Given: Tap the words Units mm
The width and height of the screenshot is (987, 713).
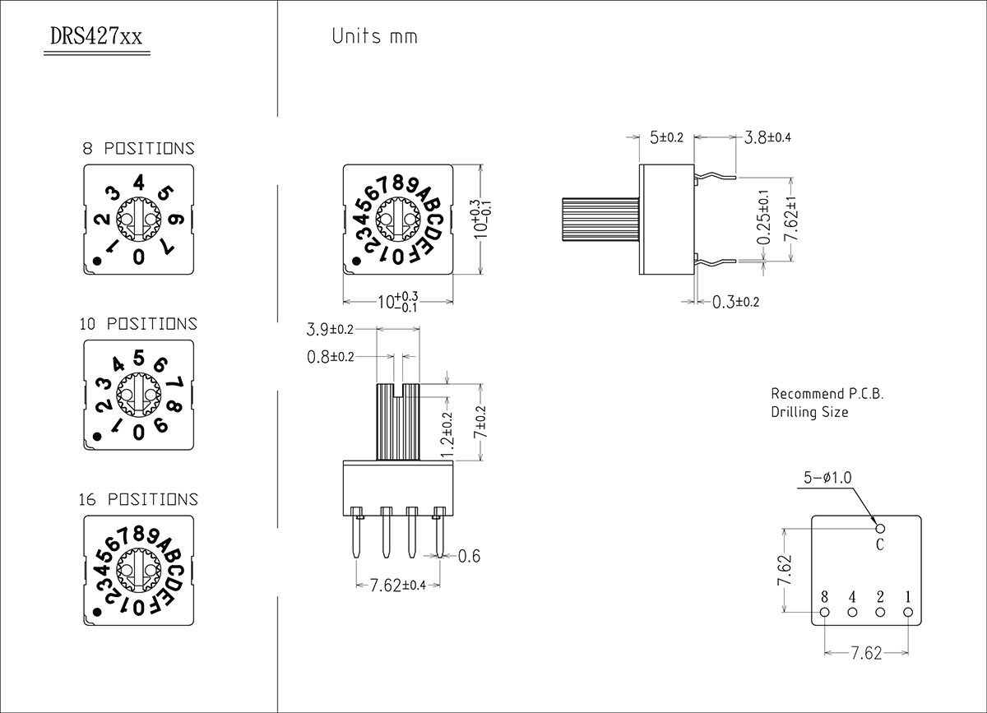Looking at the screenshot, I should tap(374, 36).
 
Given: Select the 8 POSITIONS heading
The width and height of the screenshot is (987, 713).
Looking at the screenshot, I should tap(138, 149).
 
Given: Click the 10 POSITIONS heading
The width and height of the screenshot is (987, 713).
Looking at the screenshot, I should tap(138, 324).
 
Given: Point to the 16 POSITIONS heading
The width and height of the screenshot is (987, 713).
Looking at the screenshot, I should tap(138, 499).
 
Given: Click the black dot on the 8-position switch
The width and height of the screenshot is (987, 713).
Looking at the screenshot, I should tap(97, 262).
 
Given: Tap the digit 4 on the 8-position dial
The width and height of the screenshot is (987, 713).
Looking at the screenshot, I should tap(139, 183).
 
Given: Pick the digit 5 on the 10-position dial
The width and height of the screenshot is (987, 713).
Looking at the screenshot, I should tap(139, 358).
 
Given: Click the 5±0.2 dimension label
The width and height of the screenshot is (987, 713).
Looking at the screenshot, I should tap(666, 137).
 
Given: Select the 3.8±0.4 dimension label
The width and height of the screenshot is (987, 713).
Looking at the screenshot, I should tap(767, 137).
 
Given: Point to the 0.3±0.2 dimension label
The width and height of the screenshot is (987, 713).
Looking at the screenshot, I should tap(735, 302).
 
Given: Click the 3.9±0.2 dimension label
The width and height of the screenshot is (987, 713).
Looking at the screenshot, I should tap(330, 330).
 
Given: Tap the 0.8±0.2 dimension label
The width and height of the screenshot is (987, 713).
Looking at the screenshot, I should tap(330, 357).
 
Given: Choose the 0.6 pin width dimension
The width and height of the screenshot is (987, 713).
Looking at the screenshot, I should tap(468, 557).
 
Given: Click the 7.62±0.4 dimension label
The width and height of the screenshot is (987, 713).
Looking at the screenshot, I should tap(398, 586).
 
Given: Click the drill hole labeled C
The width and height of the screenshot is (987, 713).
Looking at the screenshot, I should tap(880, 529).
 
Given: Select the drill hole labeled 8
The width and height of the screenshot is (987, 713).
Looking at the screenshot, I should tap(825, 612).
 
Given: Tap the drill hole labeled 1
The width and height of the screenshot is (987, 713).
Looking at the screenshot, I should tap(908, 612).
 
